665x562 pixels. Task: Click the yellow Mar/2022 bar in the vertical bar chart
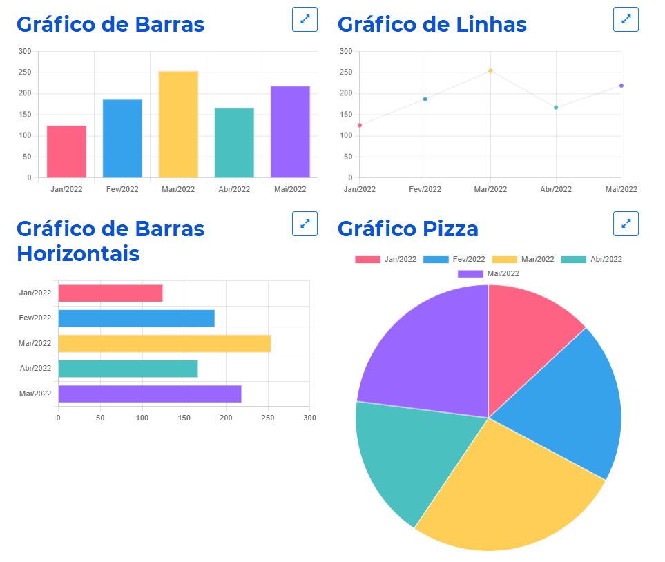[178, 124]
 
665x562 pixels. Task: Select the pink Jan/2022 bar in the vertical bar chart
[66, 151]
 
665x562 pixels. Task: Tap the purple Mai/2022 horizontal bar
[150, 394]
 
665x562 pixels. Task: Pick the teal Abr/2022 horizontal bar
[128, 369]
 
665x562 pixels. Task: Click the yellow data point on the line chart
[490, 70]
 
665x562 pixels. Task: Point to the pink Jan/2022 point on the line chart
[360, 125]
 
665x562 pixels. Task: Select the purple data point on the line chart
[621, 86]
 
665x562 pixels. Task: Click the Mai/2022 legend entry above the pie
[489, 274]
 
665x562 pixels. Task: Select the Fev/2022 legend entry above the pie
[454, 260]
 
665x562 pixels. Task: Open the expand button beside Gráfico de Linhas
[626, 19]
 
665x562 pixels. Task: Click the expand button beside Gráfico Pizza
[626, 224]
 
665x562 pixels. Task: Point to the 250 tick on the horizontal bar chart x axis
[268, 418]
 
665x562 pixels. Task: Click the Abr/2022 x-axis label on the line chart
[556, 189]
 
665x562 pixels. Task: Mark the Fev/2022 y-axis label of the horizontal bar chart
[35, 318]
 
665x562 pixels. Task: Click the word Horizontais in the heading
[78, 253]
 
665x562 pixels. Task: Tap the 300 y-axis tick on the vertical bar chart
[25, 51]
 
